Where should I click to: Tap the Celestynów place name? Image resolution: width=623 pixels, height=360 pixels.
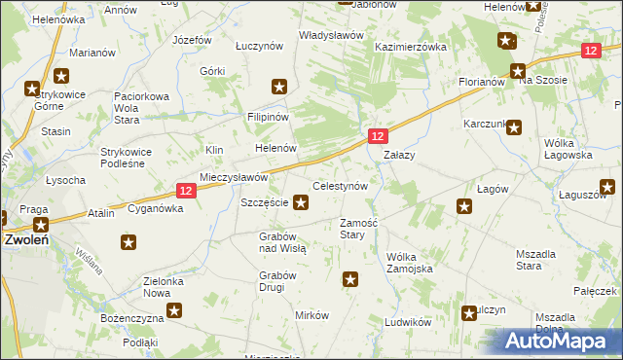coord(339,186)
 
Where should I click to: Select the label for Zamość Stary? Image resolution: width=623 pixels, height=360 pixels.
coord(352,229)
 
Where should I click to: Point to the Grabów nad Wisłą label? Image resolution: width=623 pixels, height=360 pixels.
coord(283,242)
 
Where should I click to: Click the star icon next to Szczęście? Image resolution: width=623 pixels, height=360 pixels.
coord(302,203)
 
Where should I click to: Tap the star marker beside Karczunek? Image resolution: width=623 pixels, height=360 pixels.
coord(514,126)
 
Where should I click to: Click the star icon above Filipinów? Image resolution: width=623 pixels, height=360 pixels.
coord(280,88)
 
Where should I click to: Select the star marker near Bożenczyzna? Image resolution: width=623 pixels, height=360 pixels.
coord(174,311)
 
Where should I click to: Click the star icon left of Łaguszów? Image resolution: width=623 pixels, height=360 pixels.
coord(607,186)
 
